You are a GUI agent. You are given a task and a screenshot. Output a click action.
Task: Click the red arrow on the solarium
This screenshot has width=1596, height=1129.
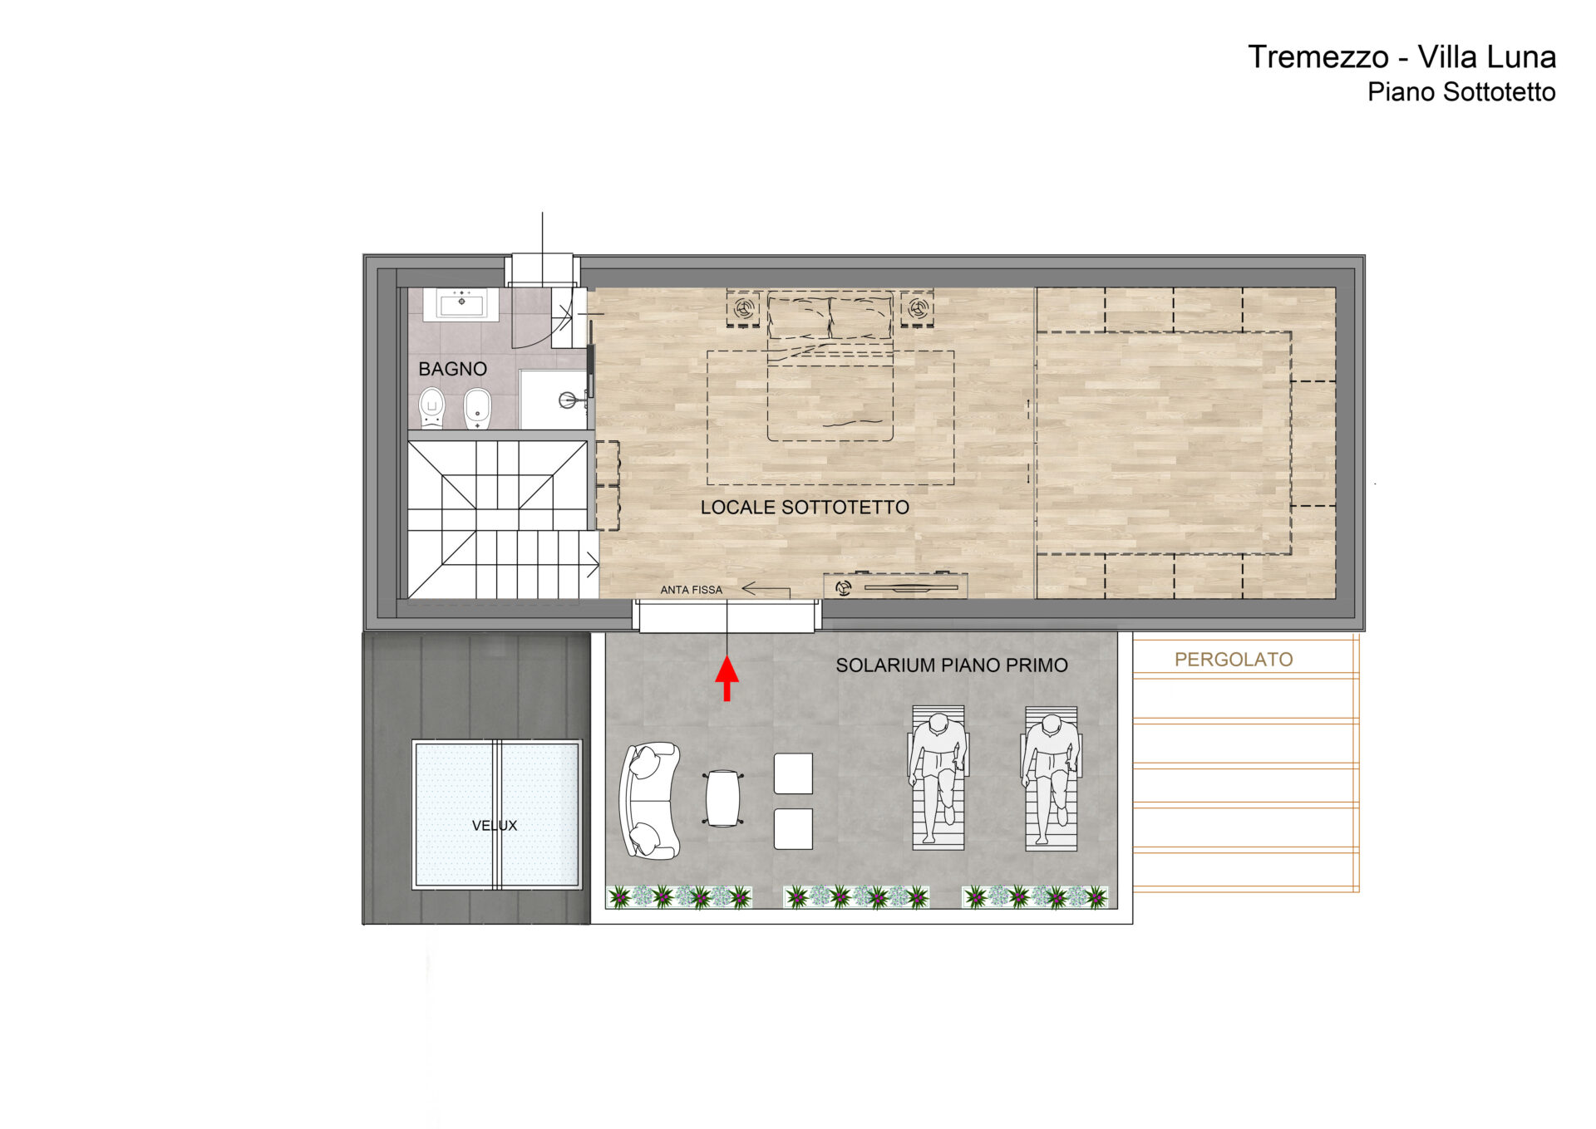727,679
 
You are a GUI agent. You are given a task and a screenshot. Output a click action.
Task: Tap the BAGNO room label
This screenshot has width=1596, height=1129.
452,369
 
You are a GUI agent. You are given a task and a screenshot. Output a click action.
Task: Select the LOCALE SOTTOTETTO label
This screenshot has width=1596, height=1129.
805,508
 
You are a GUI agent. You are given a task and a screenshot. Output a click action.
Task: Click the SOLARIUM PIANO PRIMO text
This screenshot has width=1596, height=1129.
952,665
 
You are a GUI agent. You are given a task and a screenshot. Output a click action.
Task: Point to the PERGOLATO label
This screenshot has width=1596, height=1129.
1234,660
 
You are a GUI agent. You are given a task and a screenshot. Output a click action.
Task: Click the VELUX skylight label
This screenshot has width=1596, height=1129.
495,826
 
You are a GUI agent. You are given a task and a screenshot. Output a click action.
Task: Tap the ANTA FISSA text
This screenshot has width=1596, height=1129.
692,590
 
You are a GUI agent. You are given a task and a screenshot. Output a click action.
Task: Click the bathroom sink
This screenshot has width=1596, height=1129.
461,305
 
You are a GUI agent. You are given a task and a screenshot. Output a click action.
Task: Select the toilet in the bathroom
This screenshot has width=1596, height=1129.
431,407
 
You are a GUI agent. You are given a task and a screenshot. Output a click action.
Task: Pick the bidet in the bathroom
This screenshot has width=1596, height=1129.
477,408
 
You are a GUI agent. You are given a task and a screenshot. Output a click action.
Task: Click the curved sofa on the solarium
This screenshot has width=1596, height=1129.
649,801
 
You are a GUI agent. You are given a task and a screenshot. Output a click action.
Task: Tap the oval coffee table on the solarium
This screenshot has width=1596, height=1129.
722,798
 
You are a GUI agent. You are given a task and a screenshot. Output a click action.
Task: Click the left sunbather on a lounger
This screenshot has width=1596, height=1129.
938,778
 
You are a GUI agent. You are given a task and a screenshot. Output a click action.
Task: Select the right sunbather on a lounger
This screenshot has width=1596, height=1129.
1052,778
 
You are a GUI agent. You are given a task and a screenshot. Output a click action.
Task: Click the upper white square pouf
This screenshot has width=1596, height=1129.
793,773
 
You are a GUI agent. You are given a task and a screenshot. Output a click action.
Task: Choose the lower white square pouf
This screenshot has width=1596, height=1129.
793,829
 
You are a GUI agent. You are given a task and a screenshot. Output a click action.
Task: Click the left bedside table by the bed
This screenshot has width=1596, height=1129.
743,308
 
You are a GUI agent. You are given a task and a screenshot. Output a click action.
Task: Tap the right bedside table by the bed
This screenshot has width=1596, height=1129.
917,308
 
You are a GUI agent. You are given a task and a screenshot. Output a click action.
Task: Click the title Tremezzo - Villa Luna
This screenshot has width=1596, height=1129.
1401,57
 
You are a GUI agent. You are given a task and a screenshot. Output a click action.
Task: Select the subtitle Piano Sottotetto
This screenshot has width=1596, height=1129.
1461,92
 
